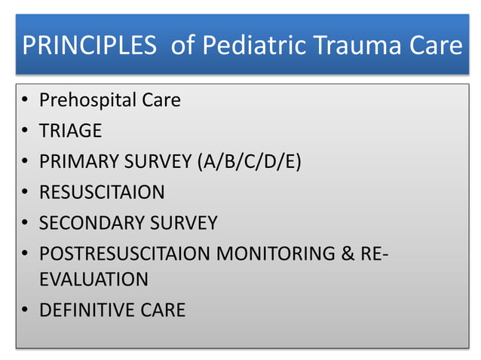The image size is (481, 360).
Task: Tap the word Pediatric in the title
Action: [x=248, y=47]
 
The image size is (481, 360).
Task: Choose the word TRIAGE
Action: [x=70, y=130]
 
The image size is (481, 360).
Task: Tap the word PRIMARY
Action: [x=75, y=161]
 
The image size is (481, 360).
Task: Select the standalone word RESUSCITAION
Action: [x=102, y=192]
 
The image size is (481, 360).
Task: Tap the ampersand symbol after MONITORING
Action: [x=348, y=254]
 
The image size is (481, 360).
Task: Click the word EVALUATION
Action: [x=93, y=279]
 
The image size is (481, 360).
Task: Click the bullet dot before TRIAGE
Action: [x=26, y=131]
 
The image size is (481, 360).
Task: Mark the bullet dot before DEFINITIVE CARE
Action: [x=26, y=310]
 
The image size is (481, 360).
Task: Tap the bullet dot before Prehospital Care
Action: [x=26, y=101]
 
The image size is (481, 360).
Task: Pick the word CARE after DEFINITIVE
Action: [x=160, y=310]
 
